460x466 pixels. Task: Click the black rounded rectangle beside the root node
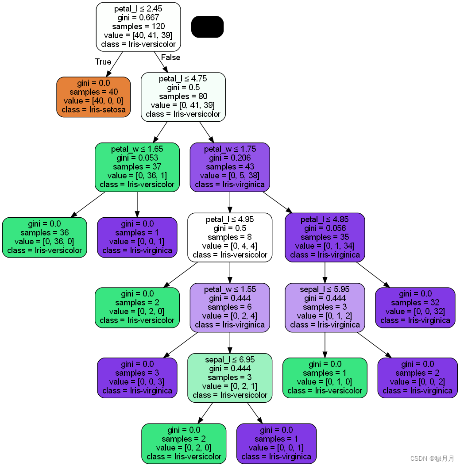coord(207,27)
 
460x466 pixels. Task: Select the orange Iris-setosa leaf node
coord(94,97)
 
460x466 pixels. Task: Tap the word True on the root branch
coord(103,62)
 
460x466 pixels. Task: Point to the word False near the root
coord(170,57)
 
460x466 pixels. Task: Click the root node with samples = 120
coord(138,27)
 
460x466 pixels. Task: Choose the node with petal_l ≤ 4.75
coord(183,97)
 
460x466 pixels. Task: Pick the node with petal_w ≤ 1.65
coord(137,167)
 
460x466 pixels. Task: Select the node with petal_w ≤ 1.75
coord(230,167)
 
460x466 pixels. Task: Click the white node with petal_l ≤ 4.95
coord(230,238)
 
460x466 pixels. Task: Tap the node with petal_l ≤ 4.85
coord(325,238)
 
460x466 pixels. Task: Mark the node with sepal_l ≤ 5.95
coord(325,308)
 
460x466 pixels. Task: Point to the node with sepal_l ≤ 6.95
coord(230,378)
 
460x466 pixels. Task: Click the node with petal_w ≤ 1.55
coord(230,308)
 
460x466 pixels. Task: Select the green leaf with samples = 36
coord(45,238)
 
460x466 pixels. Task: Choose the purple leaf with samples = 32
coord(415,308)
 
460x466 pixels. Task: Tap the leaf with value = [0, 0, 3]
coord(137,378)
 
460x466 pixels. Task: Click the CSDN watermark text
coord(432,458)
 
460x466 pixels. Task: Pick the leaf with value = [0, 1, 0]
coord(325,378)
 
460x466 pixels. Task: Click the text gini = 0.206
coord(230,158)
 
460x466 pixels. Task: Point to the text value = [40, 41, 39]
coord(138,35)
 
